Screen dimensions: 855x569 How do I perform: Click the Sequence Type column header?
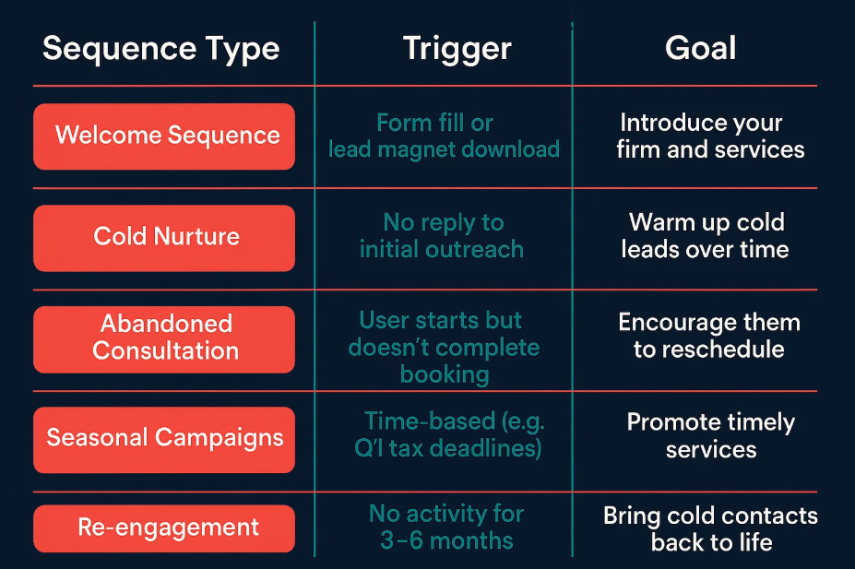(x=160, y=49)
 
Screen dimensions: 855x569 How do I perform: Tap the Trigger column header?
(x=457, y=49)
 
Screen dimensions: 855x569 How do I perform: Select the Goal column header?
(x=700, y=48)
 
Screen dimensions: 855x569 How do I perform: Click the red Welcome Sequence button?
(x=164, y=136)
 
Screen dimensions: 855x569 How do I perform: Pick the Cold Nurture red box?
(x=164, y=238)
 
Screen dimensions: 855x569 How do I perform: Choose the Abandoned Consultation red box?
(x=164, y=339)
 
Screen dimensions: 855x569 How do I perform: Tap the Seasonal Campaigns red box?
(x=164, y=440)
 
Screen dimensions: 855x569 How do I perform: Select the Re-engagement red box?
(x=164, y=528)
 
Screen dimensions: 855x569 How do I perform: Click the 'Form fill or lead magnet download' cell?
(x=444, y=136)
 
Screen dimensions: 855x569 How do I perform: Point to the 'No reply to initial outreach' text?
(x=442, y=235)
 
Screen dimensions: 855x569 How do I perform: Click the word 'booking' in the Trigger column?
(x=445, y=375)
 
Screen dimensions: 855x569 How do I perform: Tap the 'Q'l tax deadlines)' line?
(x=448, y=448)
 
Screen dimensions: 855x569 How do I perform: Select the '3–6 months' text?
(x=446, y=540)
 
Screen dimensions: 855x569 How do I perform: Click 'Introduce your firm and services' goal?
(x=710, y=136)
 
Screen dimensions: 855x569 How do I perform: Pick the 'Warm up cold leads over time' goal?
(x=705, y=235)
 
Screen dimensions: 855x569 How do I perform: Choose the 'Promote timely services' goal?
(x=711, y=435)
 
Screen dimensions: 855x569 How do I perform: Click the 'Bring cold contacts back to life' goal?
(x=710, y=528)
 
